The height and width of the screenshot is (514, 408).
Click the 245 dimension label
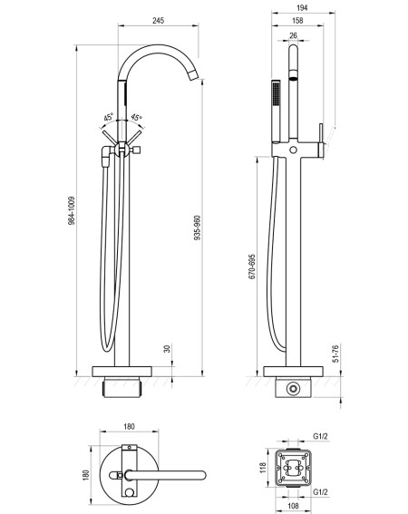point(158,20)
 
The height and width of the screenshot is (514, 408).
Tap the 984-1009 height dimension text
point(72,211)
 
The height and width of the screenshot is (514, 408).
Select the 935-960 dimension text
point(198,228)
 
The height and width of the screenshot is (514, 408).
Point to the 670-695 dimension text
point(252,267)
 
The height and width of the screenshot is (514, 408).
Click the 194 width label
point(302,7)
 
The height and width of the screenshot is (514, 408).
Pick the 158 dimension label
point(297,20)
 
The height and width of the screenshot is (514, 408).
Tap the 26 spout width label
point(293,35)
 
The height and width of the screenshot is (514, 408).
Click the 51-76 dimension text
point(335,353)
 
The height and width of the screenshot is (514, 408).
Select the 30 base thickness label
point(167,348)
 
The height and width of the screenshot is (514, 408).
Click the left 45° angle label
point(109,117)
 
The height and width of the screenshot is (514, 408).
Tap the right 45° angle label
point(136,117)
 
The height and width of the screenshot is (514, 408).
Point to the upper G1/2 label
point(320,436)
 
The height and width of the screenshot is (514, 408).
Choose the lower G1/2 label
point(320,491)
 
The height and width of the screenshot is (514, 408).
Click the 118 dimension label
point(262,468)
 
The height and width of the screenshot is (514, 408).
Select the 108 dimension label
point(293,506)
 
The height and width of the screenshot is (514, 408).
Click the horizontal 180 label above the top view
point(129,426)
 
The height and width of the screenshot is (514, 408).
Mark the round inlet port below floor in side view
point(293,389)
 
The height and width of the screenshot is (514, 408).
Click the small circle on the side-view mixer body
point(293,150)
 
